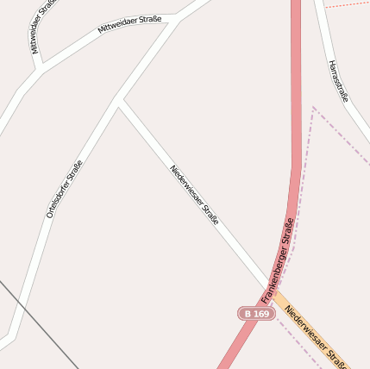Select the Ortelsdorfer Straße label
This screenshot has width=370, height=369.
tap(65, 189)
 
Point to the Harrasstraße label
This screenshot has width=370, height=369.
tap(338, 81)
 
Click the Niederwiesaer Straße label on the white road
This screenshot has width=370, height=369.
tap(194, 195)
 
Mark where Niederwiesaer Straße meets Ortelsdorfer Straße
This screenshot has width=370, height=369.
tap(119, 102)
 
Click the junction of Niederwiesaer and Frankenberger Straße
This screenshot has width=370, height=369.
tap(271, 289)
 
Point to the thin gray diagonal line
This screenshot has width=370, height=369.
tap(39, 323)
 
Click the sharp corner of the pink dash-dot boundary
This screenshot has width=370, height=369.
tap(313, 108)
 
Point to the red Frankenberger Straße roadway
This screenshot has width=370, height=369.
tap(296, 129)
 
